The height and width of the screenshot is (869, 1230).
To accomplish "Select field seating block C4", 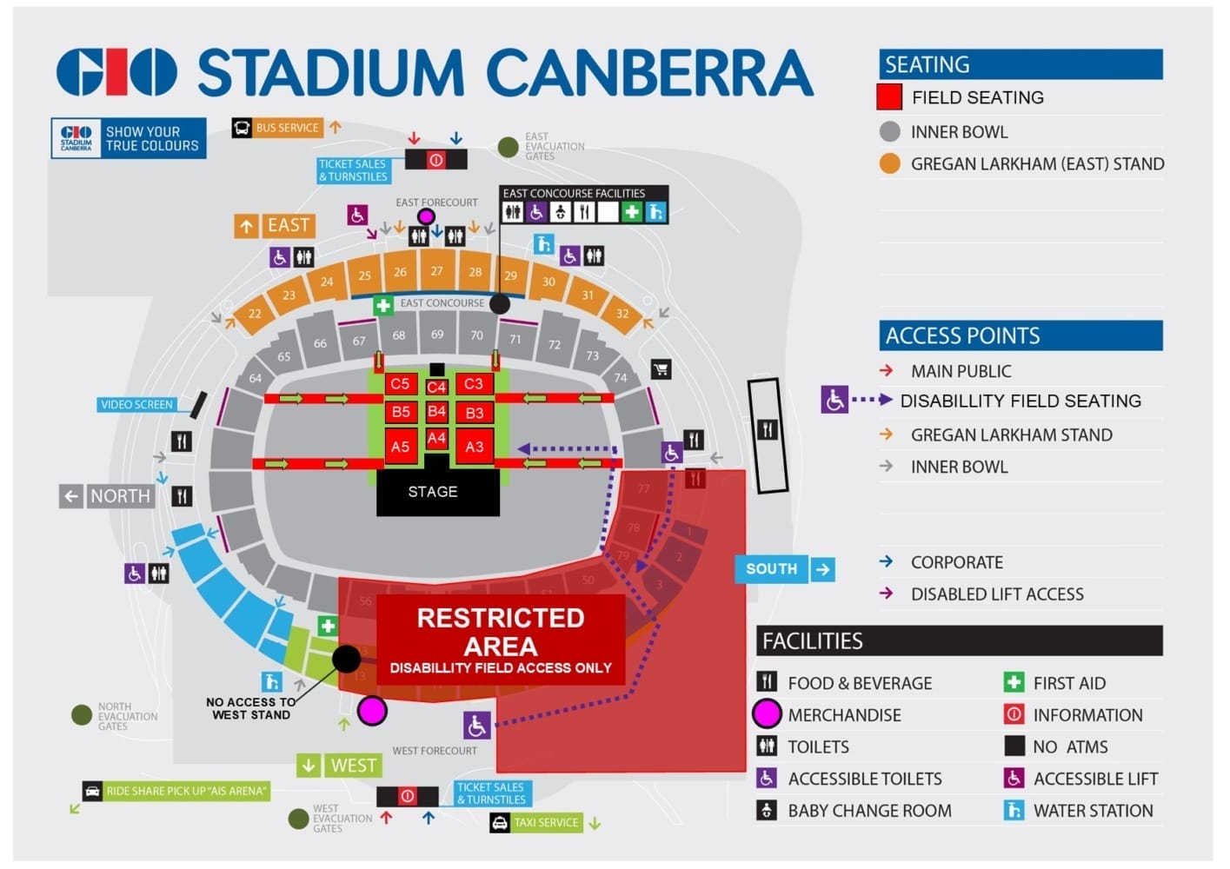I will coord(436,387).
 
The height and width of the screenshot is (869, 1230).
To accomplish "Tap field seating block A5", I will coord(400,447).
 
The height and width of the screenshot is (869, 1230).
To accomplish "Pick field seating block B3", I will coord(474,413).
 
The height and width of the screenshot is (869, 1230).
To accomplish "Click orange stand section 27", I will coord(437,270).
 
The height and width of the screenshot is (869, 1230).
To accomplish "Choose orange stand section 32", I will coord(622,313).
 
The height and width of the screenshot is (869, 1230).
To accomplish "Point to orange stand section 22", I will coord(255,313).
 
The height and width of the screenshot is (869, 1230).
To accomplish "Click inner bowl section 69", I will coord(437,334).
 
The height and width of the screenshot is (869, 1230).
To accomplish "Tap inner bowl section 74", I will coord(620,377).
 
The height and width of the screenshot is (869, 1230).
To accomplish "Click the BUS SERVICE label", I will coord(287,128).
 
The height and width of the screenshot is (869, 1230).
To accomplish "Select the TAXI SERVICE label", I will coord(545,822).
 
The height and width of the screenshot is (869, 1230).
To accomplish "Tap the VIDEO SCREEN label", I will coord(136,404).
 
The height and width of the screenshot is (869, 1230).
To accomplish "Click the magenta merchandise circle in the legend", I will coord(767,714).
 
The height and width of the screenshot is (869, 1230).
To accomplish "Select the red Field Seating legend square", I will coord(889,97).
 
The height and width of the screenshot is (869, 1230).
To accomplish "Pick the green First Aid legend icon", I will coord(1014,683).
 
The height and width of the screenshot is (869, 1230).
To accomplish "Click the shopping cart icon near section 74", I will coord(661,369).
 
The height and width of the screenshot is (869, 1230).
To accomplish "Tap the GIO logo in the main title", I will coord(116,72).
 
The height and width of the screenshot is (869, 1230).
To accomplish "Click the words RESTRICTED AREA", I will coord(500,632).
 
